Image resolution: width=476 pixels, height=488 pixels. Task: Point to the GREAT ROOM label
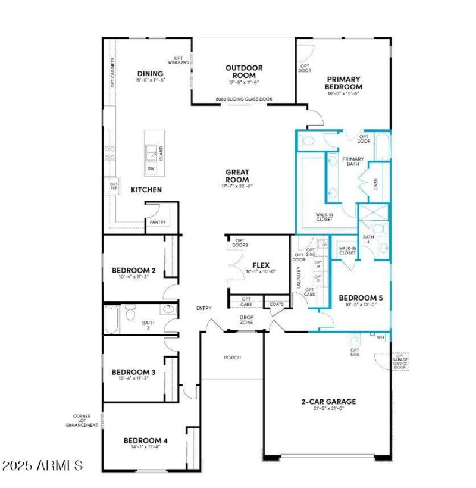click(x=236, y=176)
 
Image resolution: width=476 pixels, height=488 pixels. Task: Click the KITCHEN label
click(x=146, y=190)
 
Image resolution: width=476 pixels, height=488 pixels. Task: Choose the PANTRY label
click(x=158, y=223)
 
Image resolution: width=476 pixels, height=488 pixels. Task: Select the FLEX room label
click(x=261, y=265)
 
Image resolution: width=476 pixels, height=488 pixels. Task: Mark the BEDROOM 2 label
click(x=133, y=271)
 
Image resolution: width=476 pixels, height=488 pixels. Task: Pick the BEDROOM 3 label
click(x=133, y=373)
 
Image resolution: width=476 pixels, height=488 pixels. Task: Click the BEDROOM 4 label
click(x=145, y=441)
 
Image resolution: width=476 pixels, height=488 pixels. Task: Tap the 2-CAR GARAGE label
click(x=328, y=402)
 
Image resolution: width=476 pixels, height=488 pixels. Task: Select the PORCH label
click(x=231, y=358)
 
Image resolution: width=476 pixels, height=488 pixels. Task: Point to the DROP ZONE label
click(x=247, y=320)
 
